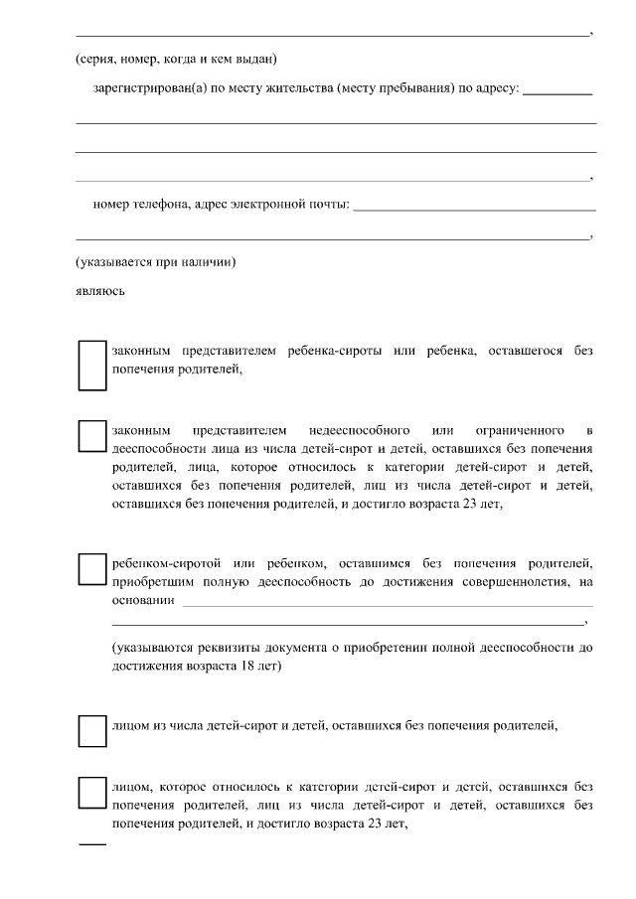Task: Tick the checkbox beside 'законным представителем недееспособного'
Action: click(91, 435)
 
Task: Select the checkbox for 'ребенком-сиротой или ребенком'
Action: click(91, 569)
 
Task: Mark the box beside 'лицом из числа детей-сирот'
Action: click(91, 730)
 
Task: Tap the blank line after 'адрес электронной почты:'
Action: click(474, 209)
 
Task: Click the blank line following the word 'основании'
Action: click(388, 603)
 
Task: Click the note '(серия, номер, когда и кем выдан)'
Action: click(176, 59)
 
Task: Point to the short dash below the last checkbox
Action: click(91, 845)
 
